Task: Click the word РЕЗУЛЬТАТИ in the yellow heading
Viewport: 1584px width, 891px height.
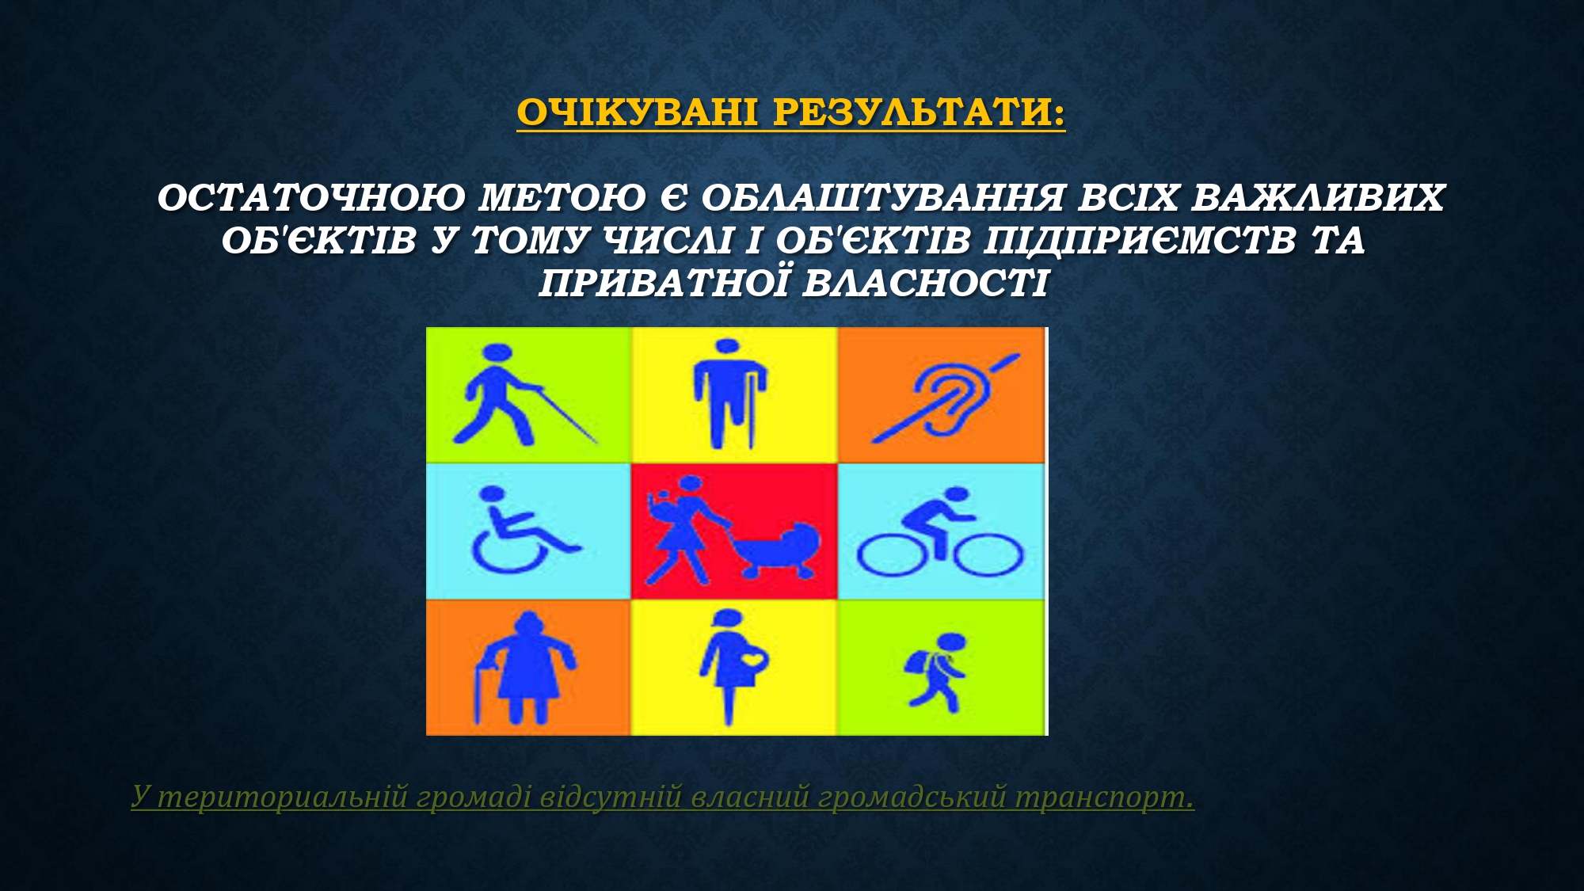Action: click(919, 112)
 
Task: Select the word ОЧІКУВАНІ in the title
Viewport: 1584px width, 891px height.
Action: click(637, 112)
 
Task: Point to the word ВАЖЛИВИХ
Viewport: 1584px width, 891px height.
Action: click(1318, 198)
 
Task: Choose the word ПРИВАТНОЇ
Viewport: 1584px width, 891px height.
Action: click(664, 283)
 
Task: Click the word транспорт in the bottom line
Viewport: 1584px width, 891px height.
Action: click(1104, 796)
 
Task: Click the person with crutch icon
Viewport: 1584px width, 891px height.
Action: click(730, 394)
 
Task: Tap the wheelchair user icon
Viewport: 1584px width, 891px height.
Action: click(522, 530)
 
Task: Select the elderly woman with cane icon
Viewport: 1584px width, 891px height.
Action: click(524, 668)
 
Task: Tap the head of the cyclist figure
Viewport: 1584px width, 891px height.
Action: click(957, 495)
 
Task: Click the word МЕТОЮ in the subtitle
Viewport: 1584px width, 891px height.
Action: click(562, 198)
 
